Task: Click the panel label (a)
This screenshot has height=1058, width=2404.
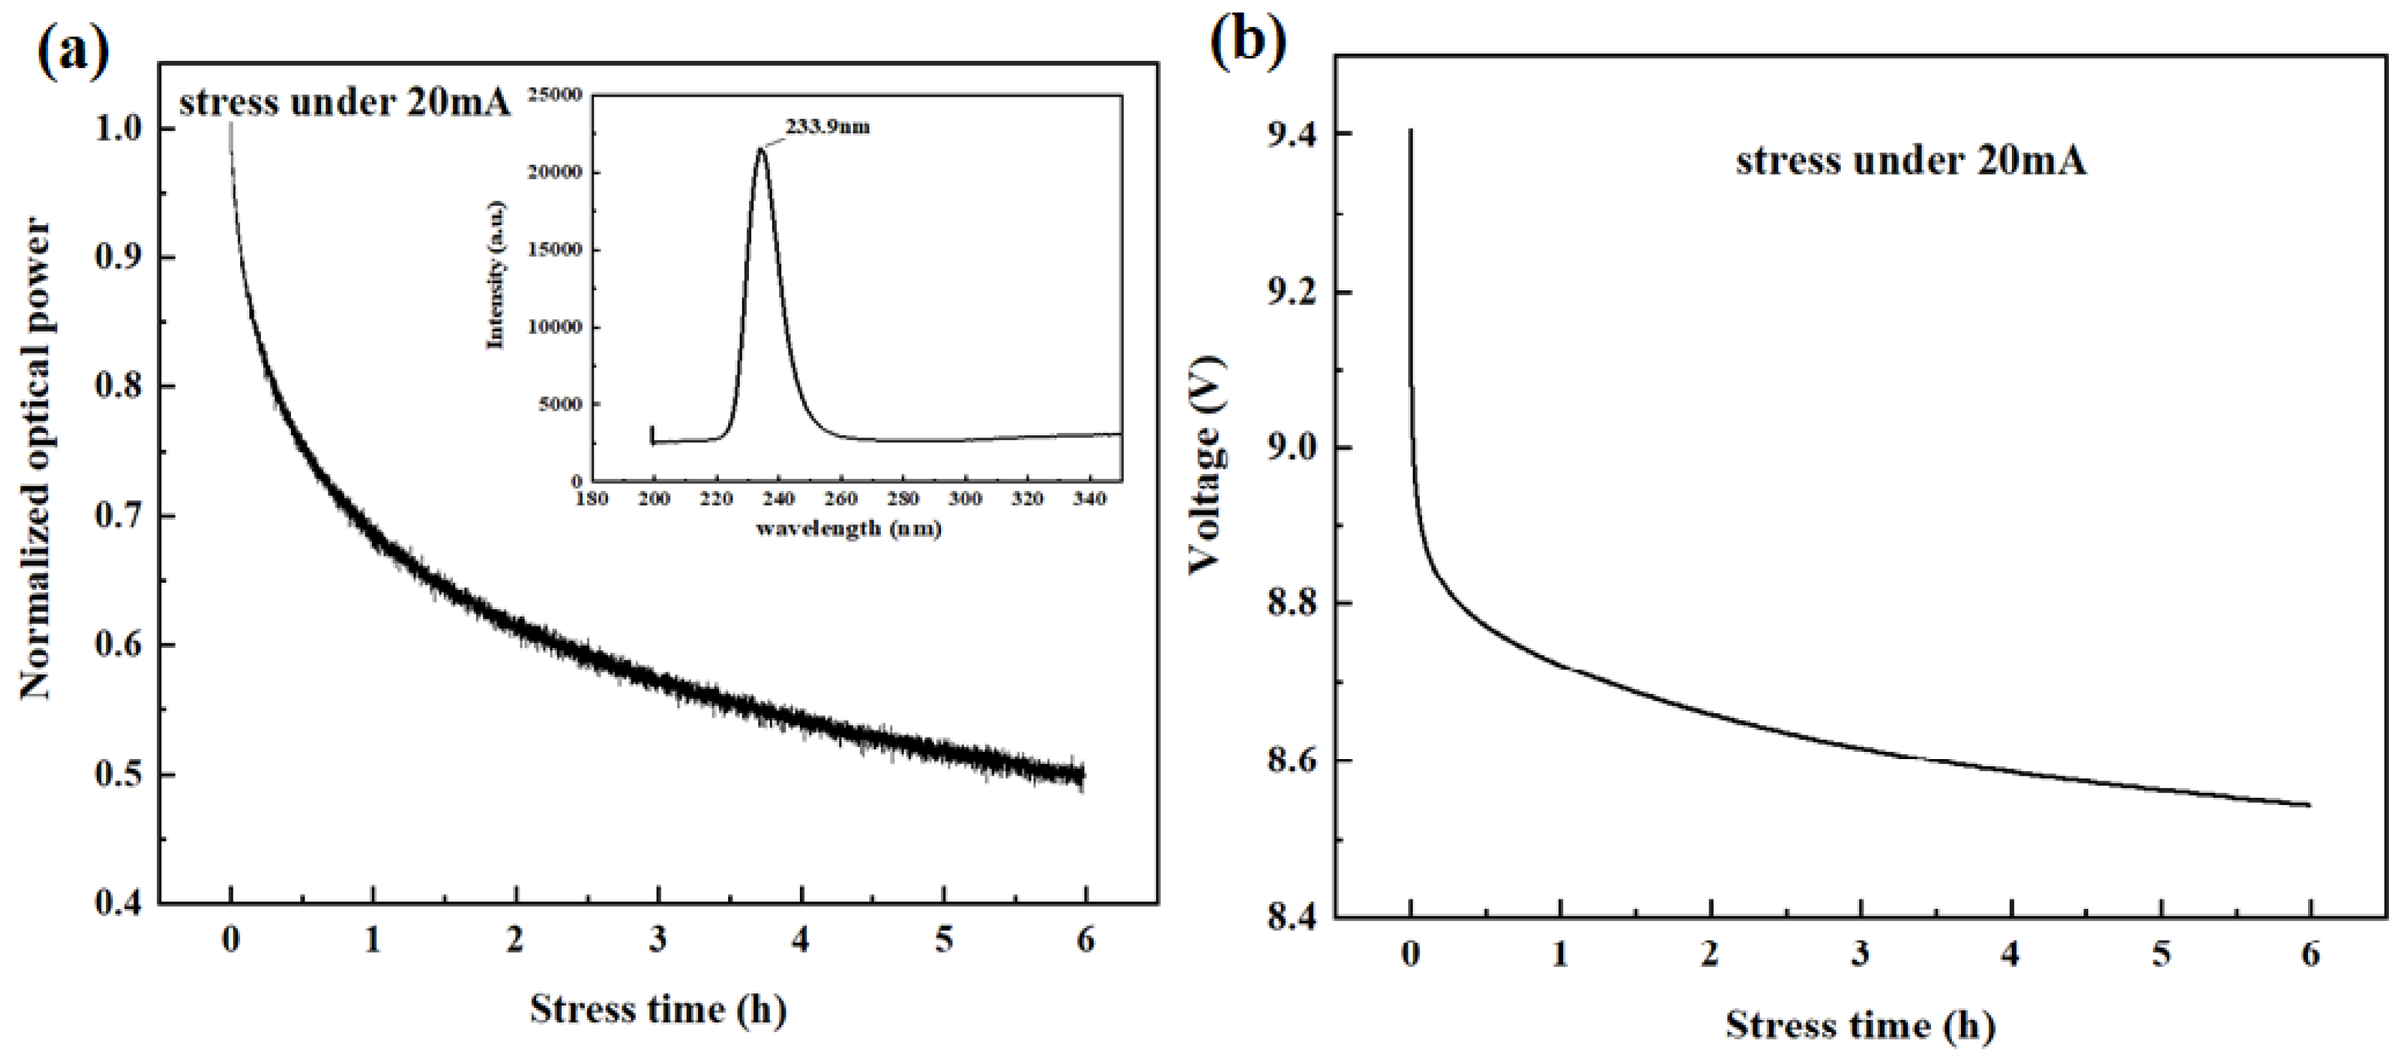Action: pyautogui.click(x=73, y=49)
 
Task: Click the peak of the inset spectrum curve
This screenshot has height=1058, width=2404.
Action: pyautogui.click(x=761, y=149)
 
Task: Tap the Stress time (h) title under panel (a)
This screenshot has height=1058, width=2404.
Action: pyautogui.click(x=658, y=1009)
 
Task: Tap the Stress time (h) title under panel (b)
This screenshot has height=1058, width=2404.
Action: pyautogui.click(x=1859, y=1024)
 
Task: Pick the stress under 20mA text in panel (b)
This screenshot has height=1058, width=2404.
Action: pyautogui.click(x=1910, y=161)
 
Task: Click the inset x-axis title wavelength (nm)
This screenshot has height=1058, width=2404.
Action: pyautogui.click(x=849, y=529)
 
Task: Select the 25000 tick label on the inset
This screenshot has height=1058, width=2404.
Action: pyautogui.click(x=554, y=94)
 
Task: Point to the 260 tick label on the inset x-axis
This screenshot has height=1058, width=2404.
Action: pyautogui.click(x=841, y=499)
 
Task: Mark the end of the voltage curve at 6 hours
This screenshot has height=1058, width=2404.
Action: pyautogui.click(x=2308, y=804)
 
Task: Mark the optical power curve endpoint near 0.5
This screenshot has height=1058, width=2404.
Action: pyautogui.click(x=1082, y=773)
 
